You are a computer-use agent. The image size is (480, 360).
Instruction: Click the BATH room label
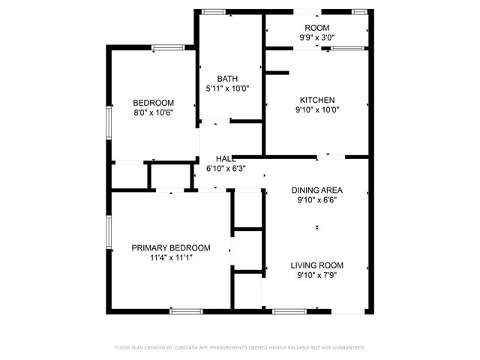coord(227,78)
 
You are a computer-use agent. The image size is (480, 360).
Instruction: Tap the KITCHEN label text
coord(317,100)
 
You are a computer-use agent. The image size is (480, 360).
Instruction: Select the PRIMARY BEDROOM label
coord(171,247)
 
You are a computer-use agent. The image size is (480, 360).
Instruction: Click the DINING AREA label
coord(316,190)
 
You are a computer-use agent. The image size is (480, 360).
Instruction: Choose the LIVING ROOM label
coord(317,265)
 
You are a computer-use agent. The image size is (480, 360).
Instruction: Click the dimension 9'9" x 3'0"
coord(316,37)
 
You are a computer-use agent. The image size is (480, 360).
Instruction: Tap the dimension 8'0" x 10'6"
coord(153,112)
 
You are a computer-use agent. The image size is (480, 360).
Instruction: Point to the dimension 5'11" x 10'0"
coord(227,88)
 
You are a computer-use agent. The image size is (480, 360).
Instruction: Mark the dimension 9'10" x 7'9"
coord(317,274)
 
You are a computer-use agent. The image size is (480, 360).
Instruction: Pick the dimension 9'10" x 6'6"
coord(316,199)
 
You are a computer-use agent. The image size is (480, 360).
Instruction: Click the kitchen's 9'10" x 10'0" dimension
coord(317,109)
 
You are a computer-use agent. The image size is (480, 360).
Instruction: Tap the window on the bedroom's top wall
coord(169,48)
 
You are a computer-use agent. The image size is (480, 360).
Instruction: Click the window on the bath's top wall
coord(214,11)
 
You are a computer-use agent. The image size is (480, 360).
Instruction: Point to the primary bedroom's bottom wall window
coord(187,310)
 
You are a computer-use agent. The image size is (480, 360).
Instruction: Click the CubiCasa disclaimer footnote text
coord(240,347)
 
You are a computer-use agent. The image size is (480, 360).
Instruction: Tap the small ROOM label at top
coord(316,27)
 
